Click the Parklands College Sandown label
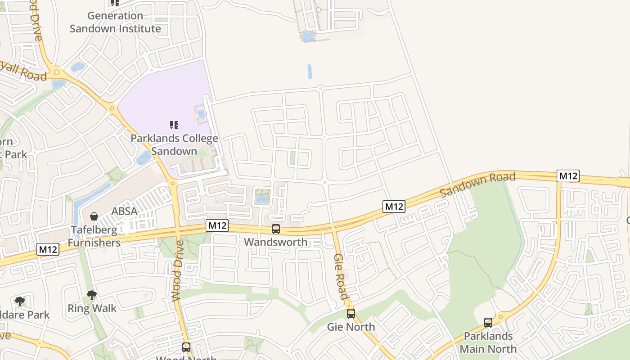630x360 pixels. point(174,144)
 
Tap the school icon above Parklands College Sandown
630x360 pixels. point(174,125)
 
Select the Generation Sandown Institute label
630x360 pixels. point(115,22)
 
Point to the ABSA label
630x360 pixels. point(125,211)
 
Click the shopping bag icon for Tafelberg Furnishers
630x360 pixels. point(94,217)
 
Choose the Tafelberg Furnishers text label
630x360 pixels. point(94,236)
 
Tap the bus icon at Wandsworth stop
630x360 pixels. point(276,229)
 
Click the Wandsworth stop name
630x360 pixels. point(276,242)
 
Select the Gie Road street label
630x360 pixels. point(341,276)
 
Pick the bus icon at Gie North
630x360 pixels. point(351,314)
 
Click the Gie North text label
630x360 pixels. point(351,327)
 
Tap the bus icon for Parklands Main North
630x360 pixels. point(488,323)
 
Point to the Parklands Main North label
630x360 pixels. point(488,342)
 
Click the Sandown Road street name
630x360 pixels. point(477,184)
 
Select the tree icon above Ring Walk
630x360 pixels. point(92,295)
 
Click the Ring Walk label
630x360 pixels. point(92,308)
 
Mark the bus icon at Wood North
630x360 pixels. point(186,347)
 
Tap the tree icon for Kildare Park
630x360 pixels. point(19,301)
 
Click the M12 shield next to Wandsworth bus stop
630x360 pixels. point(217,225)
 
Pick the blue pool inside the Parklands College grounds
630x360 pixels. point(201,114)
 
